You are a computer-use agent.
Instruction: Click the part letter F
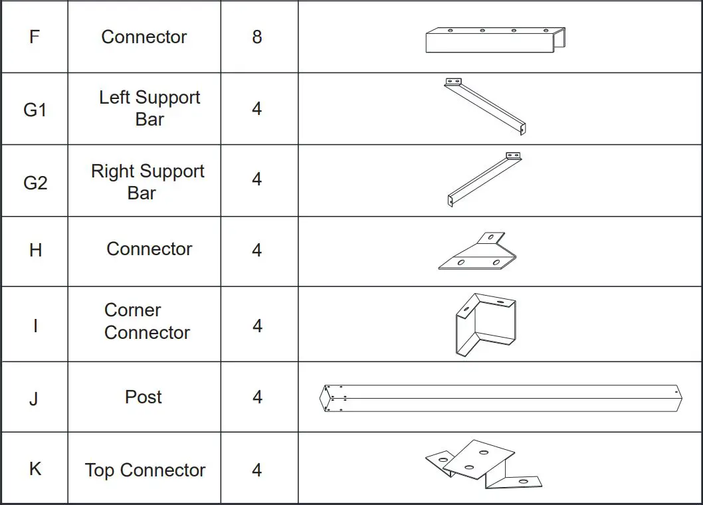point(35,37)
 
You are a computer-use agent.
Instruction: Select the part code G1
point(35,109)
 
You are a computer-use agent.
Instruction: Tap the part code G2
point(35,182)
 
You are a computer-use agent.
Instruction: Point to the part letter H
point(35,251)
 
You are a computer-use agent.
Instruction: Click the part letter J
point(34,399)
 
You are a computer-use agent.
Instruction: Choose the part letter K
point(35,469)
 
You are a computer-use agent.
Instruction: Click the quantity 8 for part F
point(257,37)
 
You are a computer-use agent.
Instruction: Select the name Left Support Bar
point(150,108)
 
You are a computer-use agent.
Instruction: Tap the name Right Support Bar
point(148,182)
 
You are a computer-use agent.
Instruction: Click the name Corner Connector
point(147,322)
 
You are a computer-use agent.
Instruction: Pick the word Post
point(144,397)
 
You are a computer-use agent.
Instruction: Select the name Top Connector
point(145,470)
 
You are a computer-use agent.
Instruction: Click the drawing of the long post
point(502,398)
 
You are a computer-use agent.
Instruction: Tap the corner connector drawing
point(485,324)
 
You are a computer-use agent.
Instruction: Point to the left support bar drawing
point(485,106)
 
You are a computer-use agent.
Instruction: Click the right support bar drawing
point(484,179)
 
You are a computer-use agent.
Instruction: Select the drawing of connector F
point(494,40)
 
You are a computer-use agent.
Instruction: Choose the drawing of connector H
point(478,252)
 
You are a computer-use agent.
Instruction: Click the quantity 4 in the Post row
point(257,397)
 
